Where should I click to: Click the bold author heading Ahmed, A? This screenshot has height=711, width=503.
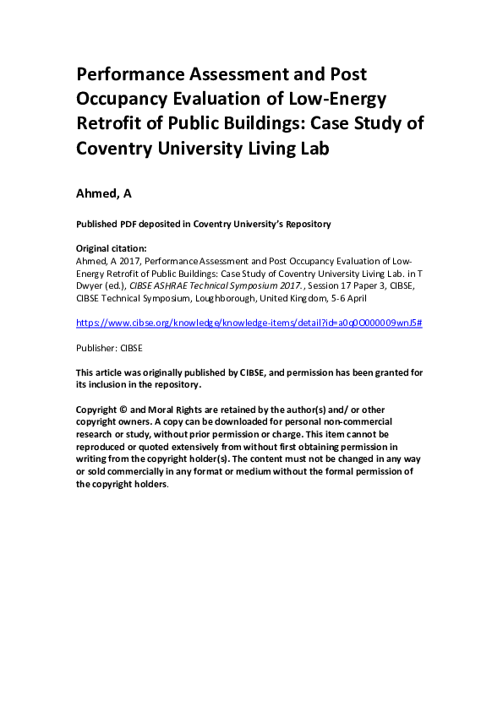[103, 195]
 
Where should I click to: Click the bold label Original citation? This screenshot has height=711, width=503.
[112, 249]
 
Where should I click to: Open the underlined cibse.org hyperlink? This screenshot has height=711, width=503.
[249, 323]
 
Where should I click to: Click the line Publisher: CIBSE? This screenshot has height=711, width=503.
[110, 346]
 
